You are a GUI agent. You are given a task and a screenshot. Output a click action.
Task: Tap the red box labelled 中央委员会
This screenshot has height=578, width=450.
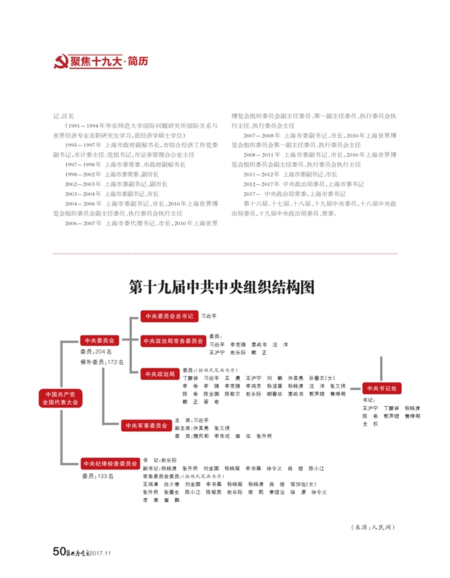(99, 340)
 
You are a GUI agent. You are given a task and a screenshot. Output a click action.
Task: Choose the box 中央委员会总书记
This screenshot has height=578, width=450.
(169, 317)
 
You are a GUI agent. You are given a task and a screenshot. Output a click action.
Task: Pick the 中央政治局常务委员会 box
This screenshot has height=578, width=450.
(173, 340)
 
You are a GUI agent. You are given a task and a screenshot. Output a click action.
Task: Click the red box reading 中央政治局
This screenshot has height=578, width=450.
(159, 374)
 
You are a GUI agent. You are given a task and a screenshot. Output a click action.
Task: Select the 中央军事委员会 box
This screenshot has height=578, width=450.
(146, 425)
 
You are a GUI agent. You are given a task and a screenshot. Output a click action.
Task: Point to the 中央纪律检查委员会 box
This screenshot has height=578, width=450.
(110, 463)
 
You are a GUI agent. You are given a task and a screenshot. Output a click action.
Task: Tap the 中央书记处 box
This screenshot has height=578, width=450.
(382, 388)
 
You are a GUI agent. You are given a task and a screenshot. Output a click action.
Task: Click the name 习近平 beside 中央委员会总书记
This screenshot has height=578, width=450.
(209, 317)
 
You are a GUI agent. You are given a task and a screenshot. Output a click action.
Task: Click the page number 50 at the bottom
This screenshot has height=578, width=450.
(58, 552)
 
